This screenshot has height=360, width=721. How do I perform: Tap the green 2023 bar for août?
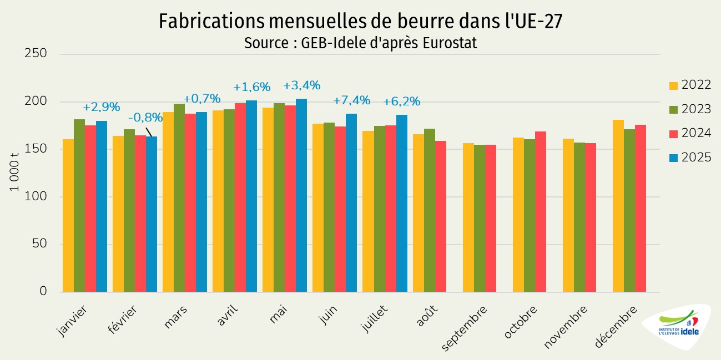click(430, 210)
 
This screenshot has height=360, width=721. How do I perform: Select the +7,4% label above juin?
click(351, 100)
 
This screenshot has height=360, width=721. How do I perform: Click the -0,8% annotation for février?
click(145, 117)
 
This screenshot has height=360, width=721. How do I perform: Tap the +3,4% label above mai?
click(301, 85)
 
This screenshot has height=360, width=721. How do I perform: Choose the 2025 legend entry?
click(690, 158)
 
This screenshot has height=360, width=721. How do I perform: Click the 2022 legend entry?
click(690, 85)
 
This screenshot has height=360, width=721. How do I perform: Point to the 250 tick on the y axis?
click(36, 54)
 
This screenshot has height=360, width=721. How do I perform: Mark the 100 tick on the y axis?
click(36, 196)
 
